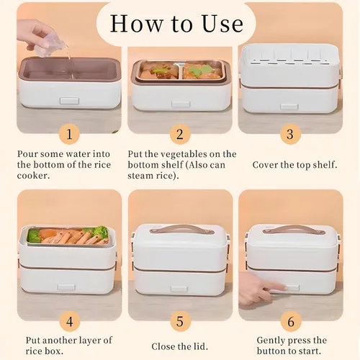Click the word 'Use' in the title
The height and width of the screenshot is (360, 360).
click(x=222, y=24)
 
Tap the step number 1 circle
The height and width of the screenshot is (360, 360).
click(x=69, y=134)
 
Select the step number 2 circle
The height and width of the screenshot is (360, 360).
click(x=180, y=134)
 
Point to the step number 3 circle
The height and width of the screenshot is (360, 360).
click(x=290, y=134)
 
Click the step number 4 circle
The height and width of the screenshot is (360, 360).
click(x=69, y=321)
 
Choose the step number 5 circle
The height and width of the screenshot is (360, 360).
click(x=180, y=321)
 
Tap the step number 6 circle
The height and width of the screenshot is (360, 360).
click(x=291, y=321)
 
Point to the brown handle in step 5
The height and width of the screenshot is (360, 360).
click(x=181, y=229)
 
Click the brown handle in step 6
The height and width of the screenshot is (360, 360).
click(x=294, y=229)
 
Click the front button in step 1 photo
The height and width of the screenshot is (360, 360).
click(x=69, y=101)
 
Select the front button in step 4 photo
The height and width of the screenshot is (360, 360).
click(x=66, y=287)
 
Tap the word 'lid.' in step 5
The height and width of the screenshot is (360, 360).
click(x=200, y=346)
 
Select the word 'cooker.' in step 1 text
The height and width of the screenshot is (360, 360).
click(x=34, y=176)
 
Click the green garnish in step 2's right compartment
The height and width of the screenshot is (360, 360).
click(x=200, y=70)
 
